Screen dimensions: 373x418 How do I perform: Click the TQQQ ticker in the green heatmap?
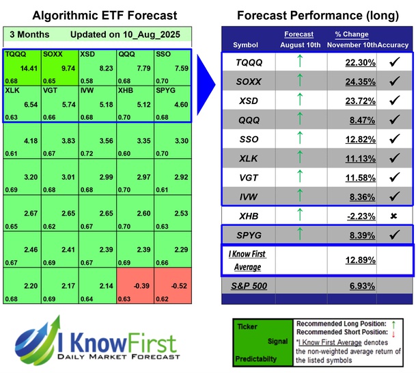[x=13, y=53]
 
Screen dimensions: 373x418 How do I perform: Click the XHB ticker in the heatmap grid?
[x=125, y=90]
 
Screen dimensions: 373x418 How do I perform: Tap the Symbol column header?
[x=246, y=44]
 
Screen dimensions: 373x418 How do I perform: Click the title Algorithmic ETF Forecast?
[x=95, y=15]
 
